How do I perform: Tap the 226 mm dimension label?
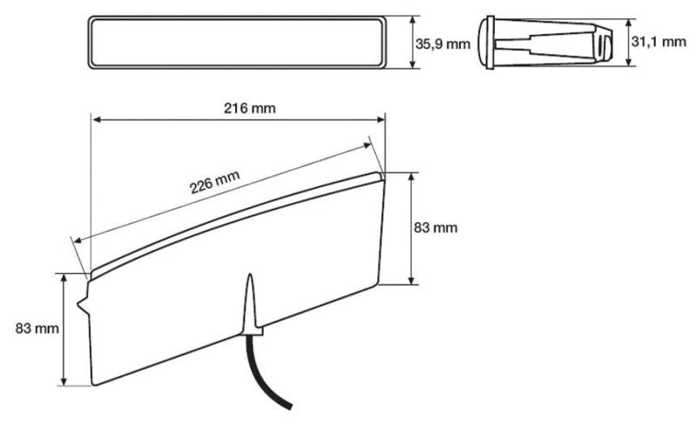(215, 184)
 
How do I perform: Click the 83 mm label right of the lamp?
(435, 228)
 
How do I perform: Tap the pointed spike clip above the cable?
(251, 304)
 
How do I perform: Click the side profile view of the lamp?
(549, 41)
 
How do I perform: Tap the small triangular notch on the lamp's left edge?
(82, 304)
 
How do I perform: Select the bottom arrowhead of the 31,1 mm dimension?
(630, 63)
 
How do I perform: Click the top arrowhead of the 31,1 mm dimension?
(630, 19)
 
